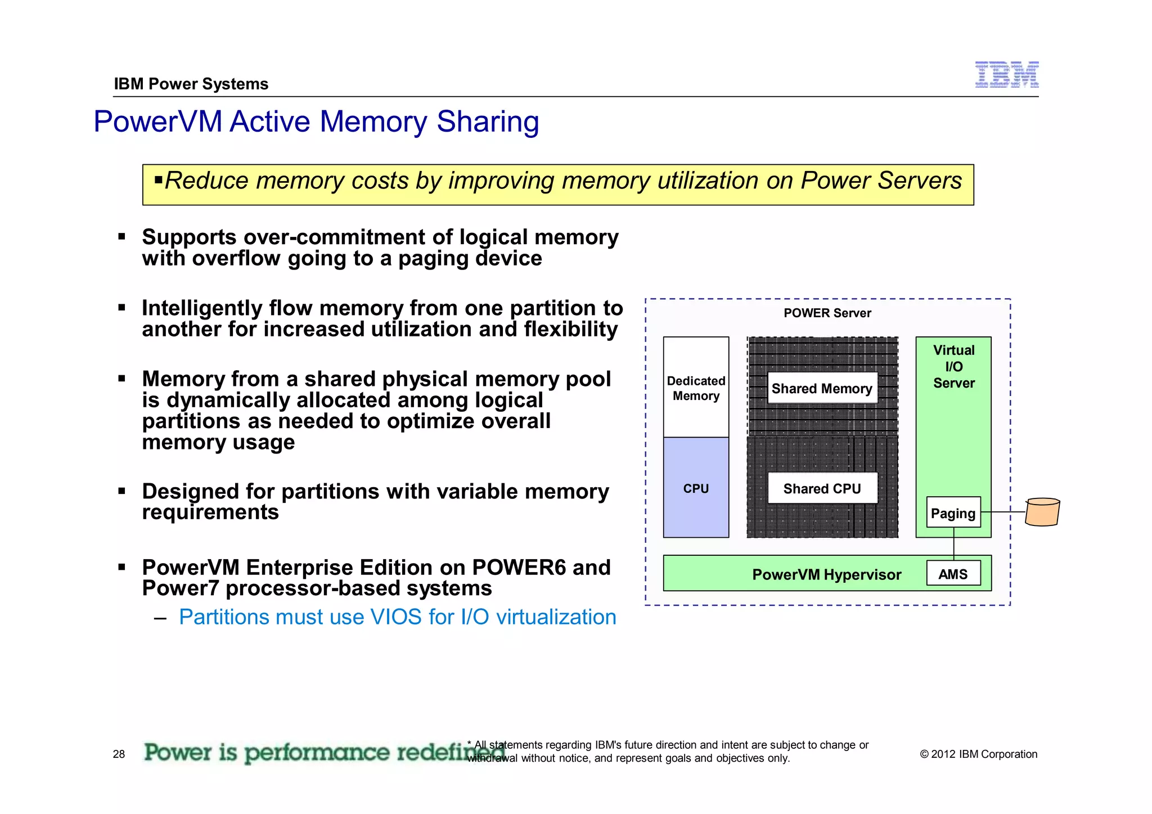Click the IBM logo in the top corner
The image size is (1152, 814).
pyautogui.click(x=1006, y=75)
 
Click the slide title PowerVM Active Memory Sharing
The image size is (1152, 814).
pyautogui.click(x=316, y=122)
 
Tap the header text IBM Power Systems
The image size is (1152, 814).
pyautogui.click(x=191, y=84)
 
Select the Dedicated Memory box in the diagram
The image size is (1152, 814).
pyautogui.click(x=696, y=388)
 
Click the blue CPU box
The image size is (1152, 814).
pyautogui.click(x=696, y=488)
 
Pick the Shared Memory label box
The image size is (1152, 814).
pyautogui.click(x=822, y=388)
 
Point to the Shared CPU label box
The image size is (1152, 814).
pyautogui.click(x=822, y=488)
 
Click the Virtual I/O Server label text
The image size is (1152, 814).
pyautogui.click(x=953, y=366)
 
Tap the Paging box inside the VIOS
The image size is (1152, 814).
pyautogui.click(x=953, y=512)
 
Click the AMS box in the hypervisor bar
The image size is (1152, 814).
pyautogui.click(x=953, y=574)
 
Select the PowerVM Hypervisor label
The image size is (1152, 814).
pyautogui.click(x=826, y=574)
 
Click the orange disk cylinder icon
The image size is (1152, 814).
pyautogui.click(x=1042, y=512)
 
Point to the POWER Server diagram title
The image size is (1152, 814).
pyautogui.click(x=827, y=313)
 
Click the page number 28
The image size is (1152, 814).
pyautogui.click(x=119, y=754)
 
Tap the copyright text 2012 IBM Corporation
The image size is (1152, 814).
pyautogui.click(x=978, y=754)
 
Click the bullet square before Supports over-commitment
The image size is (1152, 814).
pyautogui.click(x=121, y=237)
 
